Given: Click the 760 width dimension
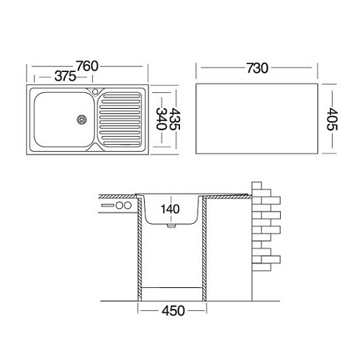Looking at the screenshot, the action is pyautogui.click(x=87, y=66).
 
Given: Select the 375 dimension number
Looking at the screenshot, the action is pyautogui.click(x=66, y=76).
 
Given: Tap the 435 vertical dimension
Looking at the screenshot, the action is pyautogui.click(x=175, y=119).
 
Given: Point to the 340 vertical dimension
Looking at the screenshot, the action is pyautogui.click(x=161, y=119).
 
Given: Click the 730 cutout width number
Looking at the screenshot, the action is pyautogui.click(x=257, y=68).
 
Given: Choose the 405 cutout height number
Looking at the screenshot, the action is pyautogui.click(x=332, y=119).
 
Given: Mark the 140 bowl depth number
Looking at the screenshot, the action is pyautogui.click(x=170, y=209).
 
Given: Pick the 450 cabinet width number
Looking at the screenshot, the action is pyautogui.click(x=174, y=311).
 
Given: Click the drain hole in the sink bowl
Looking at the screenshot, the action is pyautogui.click(x=81, y=120).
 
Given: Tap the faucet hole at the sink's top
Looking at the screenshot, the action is pyautogui.click(x=95, y=91).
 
